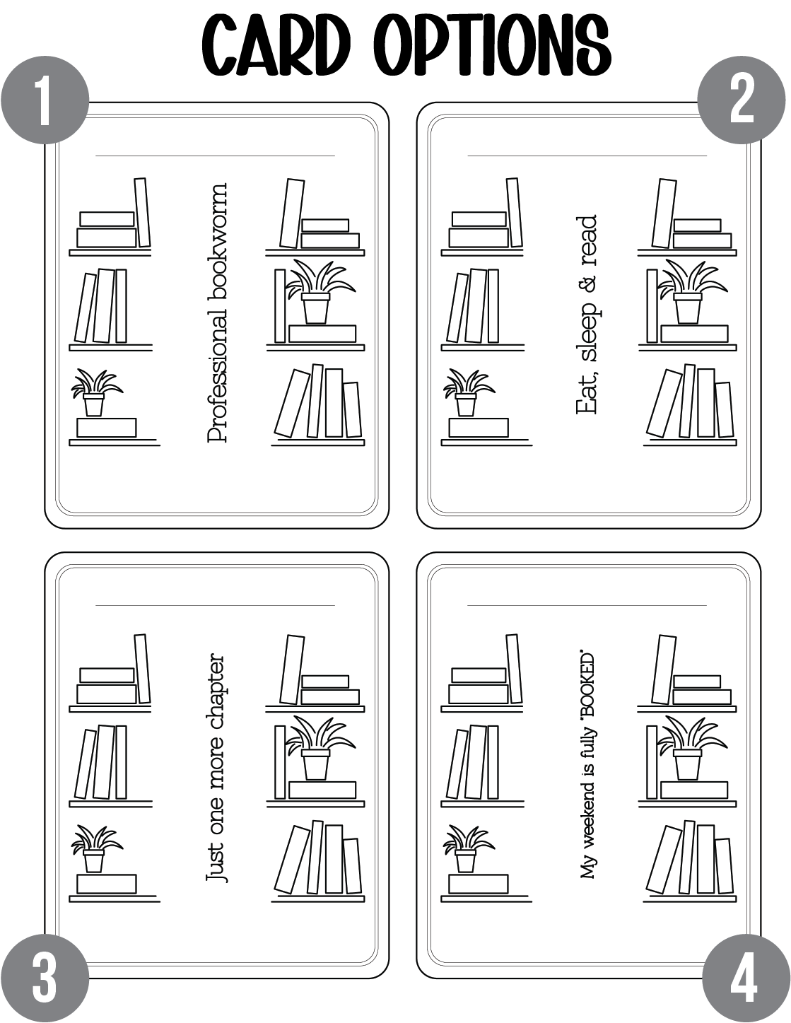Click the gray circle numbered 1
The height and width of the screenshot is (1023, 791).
pyautogui.click(x=45, y=100)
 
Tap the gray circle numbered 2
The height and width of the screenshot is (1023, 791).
pyautogui.click(x=741, y=100)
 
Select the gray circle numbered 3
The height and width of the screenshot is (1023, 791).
pyautogui.click(x=45, y=978)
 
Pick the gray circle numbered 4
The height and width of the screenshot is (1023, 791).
pyautogui.click(x=746, y=978)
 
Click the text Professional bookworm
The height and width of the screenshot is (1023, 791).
pyautogui.click(x=217, y=313)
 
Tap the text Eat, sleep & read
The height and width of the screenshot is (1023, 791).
pyautogui.click(x=586, y=315)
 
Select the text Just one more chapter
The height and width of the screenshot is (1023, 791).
pyautogui.click(x=216, y=767)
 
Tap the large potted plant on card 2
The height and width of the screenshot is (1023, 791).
pyautogui.click(x=692, y=291)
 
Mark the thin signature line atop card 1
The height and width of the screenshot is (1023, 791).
pyautogui.click(x=215, y=156)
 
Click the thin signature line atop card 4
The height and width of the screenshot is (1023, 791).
pyautogui.click(x=587, y=605)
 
